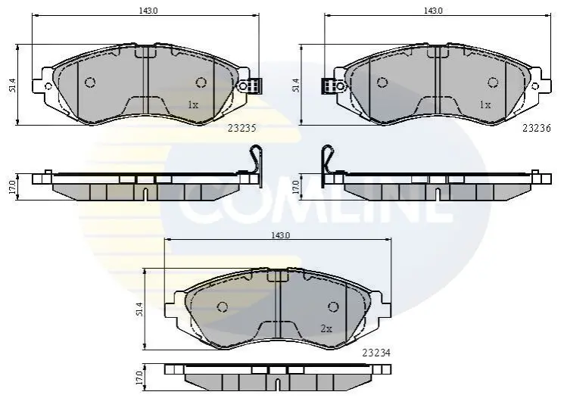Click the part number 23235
(242, 129)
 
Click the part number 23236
(537, 128)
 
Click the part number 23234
(376, 353)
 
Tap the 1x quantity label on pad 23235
(193, 105)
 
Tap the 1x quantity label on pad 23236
(485, 105)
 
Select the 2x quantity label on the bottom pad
(326, 329)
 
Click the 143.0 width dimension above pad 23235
(148, 11)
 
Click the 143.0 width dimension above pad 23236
(433, 11)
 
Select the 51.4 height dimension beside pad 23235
(13, 86)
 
